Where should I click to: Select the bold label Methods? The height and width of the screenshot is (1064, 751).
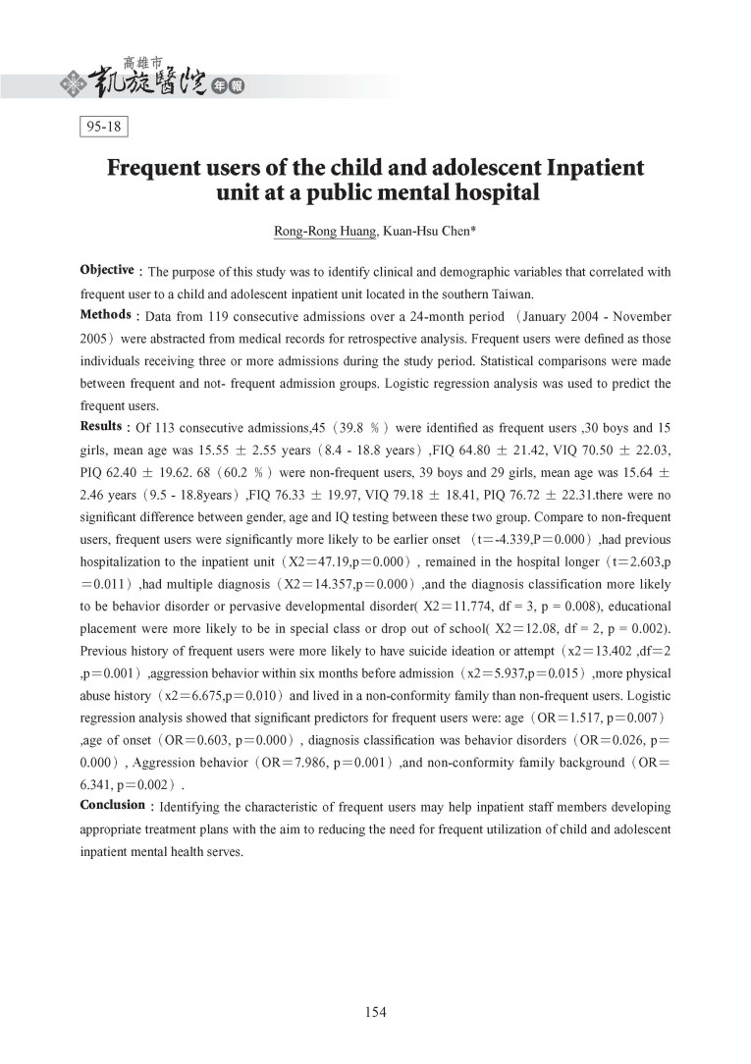click(106, 315)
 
